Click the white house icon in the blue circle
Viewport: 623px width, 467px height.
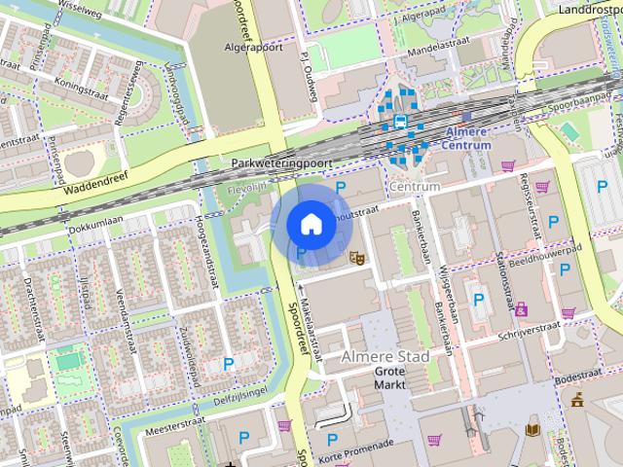[x=309, y=224]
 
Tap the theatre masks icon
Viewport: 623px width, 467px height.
[x=357, y=258]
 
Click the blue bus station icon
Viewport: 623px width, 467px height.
[x=400, y=122]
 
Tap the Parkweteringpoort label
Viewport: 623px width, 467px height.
[x=283, y=163]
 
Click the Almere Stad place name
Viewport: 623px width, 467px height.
[x=385, y=357]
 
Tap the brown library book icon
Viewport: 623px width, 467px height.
[x=532, y=428]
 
